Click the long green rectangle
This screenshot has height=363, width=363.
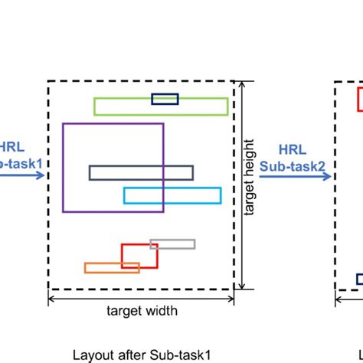coord(115,106)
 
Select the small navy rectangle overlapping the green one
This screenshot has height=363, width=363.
coord(165,98)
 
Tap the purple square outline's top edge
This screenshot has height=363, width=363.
coord(113,123)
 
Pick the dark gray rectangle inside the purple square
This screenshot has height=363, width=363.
coord(140,173)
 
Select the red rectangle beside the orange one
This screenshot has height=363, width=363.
coord(139,255)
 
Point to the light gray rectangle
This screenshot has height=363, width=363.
coord(172,244)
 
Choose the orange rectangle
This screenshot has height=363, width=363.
coord(112,267)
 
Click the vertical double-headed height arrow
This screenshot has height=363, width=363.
coord(242,185)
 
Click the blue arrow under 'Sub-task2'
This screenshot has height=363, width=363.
coord(295,177)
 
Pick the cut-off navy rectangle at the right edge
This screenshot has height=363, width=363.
coord(358,279)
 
